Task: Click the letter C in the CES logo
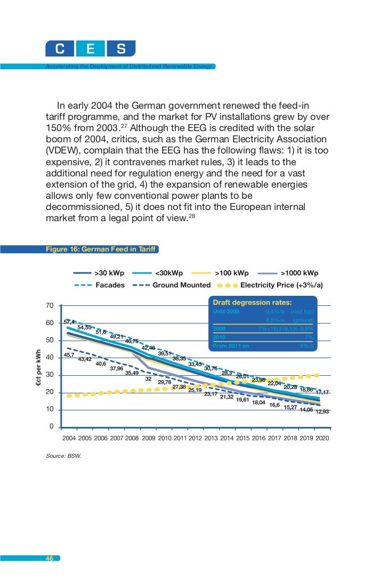point(60,50)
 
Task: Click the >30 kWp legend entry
point(109,273)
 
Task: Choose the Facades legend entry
point(110,285)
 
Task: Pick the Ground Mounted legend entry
point(181,285)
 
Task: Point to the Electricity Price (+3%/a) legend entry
point(281,285)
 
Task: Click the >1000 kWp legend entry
point(299,273)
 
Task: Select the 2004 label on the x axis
point(69,439)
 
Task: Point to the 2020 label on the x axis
point(322,439)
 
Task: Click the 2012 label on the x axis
point(195,439)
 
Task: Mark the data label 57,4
point(69,322)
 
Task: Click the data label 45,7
point(69,354)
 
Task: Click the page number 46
point(49,559)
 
